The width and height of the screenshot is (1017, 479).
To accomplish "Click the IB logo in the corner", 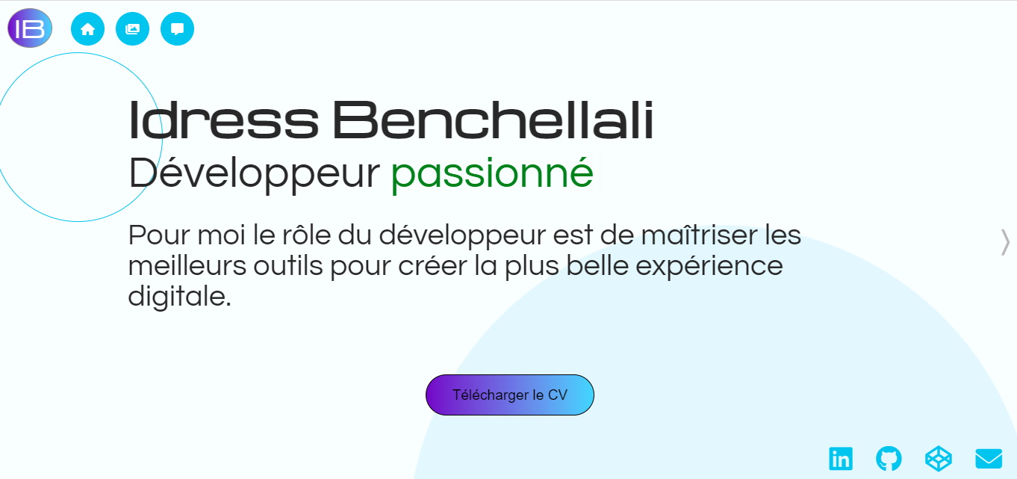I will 30,28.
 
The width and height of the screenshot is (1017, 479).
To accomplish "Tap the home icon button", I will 87,29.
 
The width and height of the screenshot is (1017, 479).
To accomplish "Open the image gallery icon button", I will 132,29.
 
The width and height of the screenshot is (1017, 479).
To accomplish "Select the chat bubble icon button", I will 177,29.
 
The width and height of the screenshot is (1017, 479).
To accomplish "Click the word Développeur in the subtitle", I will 255,173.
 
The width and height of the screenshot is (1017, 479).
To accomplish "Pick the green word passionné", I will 492,173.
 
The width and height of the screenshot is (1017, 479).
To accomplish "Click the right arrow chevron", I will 1005,242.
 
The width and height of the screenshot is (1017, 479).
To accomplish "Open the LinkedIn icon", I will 841,458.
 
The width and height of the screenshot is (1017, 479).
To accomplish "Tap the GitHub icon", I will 889,458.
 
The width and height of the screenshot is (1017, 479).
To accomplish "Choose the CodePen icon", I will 939,458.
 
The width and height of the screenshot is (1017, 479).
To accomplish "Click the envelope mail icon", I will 989,458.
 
